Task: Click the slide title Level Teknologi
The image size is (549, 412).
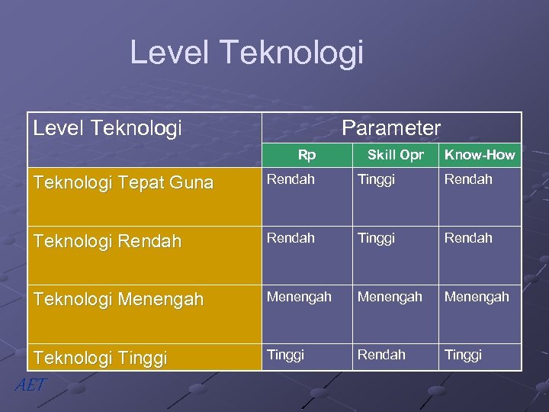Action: [x=246, y=53]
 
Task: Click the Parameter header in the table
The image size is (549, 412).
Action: [x=391, y=127]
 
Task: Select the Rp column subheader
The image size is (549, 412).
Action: [x=307, y=155]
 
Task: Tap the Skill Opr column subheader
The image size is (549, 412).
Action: [x=395, y=155]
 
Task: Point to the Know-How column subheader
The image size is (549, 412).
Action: [x=480, y=155]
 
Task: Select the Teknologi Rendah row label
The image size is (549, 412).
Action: [x=107, y=241]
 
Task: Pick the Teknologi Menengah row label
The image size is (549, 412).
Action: [x=118, y=300]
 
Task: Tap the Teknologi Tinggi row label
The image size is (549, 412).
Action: [x=101, y=359]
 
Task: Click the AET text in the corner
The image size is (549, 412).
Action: [x=30, y=385]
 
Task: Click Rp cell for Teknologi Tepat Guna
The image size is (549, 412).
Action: [x=290, y=179]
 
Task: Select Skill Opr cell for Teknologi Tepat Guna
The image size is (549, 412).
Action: [x=377, y=179]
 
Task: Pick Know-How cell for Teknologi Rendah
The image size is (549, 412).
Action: [x=468, y=238]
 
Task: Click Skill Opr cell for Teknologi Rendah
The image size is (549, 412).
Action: [x=377, y=238]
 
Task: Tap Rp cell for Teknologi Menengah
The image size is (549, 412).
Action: [x=298, y=297]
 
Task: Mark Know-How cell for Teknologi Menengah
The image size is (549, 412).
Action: [x=477, y=297]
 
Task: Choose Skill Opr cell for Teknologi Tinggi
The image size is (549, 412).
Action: [x=382, y=355]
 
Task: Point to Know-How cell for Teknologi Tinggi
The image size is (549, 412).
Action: [x=464, y=355]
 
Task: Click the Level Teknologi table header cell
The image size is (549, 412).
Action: [x=108, y=127]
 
